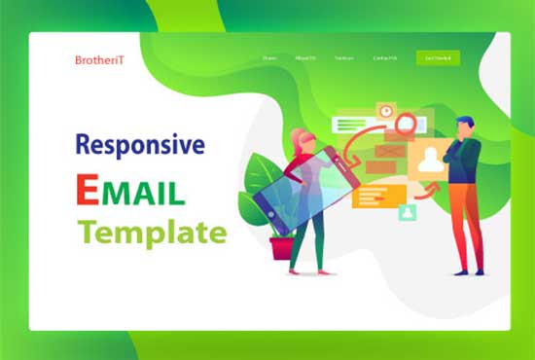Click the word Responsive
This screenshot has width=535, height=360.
pyautogui.click(x=140, y=145)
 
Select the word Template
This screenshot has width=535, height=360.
pyautogui.click(x=153, y=233)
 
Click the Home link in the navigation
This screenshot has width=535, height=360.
pyautogui.click(x=269, y=58)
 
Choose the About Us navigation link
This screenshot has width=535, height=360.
pyautogui.click(x=304, y=58)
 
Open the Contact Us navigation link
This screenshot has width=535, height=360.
pyautogui.click(x=384, y=58)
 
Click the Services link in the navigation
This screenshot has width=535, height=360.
pyautogui.click(x=344, y=58)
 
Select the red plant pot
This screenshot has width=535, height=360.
pyautogui.click(x=282, y=247)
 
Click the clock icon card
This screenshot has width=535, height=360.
pyautogui.click(x=386, y=112)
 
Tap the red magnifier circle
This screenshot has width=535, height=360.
pyautogui.click(x=405, y=124)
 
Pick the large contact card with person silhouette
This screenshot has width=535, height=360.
pyautogui.click(x=426, y=163)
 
